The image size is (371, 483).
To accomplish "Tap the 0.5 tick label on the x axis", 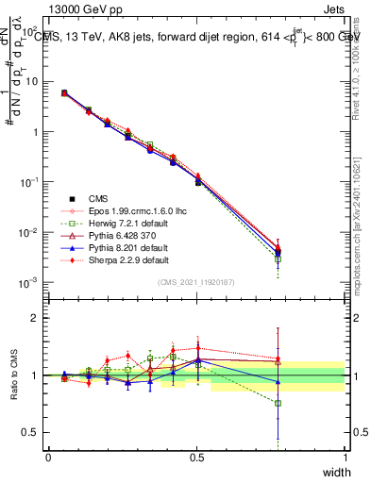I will click(196, 457).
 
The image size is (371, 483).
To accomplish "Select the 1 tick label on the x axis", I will click(345, 457).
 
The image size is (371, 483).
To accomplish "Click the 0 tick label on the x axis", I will click(48, 457).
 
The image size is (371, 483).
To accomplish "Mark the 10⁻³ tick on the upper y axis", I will click(31, 282).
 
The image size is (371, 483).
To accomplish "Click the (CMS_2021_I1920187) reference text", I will click(196, 282).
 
